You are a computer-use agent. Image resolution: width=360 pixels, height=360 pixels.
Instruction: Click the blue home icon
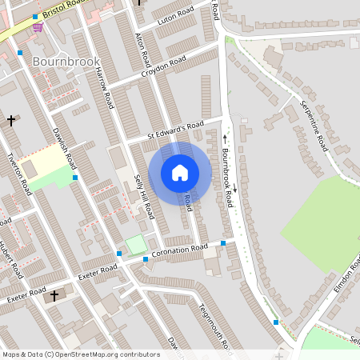(180, 172)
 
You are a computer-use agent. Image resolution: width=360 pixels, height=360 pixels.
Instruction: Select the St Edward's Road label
(176, 130)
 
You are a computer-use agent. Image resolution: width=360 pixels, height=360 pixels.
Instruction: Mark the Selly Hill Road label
(144, 196)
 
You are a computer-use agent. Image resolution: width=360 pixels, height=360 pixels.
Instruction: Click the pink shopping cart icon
(38, 26)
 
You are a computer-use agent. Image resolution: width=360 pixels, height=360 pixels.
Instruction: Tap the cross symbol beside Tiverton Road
(11, 120)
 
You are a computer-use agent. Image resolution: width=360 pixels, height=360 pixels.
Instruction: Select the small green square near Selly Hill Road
(136, 243)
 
